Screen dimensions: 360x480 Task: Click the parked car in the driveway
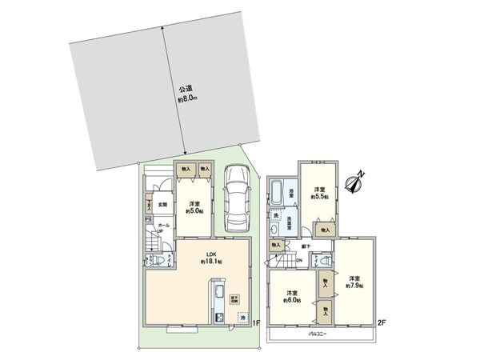pos(238,196)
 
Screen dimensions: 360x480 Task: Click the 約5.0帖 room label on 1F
pos(194,207)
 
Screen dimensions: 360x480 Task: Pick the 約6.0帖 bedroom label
pos(290,296)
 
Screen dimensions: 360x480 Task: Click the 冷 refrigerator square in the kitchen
pos(242,318)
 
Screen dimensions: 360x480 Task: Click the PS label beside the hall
pos(146,218)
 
